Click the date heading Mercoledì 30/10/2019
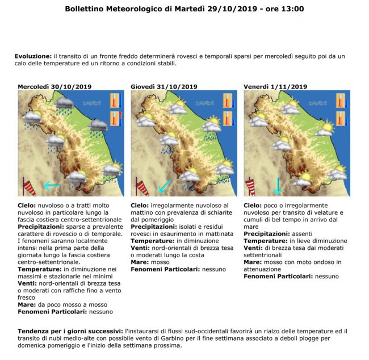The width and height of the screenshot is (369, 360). tap(54, 86)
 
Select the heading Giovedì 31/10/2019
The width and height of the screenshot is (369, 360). tap(164, 86)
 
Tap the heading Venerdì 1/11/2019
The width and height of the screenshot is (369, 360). tap(275, 86)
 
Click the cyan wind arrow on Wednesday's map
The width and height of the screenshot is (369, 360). tap(52, 185)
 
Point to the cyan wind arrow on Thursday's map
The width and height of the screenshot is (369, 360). tap(165, 185)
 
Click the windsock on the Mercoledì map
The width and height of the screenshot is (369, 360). tap(29, 186)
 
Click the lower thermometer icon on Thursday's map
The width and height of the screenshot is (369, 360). tap(228, 119)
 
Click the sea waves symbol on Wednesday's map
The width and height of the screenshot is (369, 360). tap(92, 103)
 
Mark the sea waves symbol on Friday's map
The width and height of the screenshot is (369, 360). tap(317, 103)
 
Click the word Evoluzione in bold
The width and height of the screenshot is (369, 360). tap(33, 56)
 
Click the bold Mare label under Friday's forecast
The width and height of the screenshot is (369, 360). tap(253, 262)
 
